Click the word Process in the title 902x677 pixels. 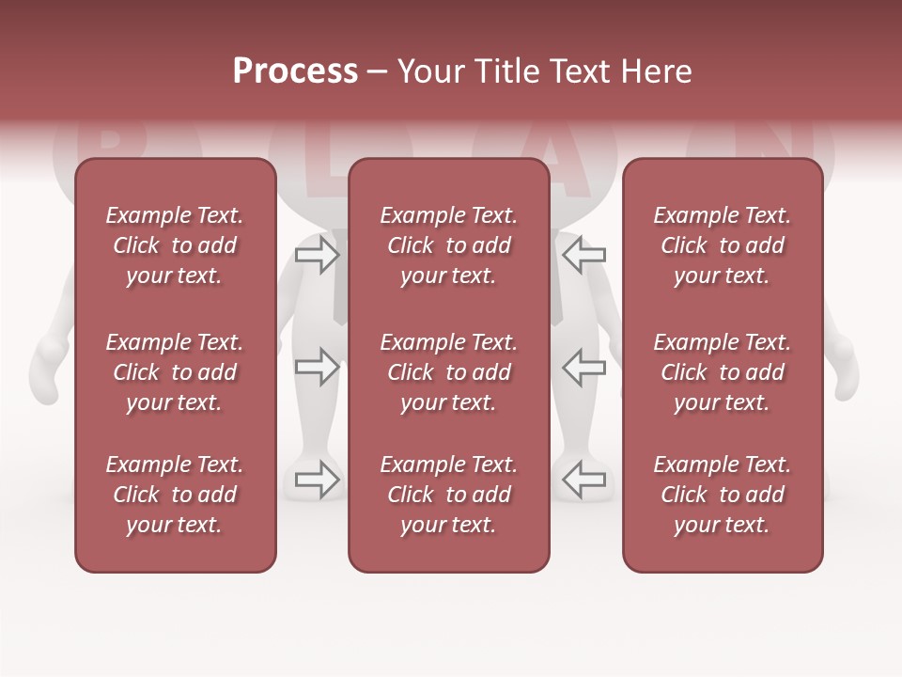click(x=295, y=71)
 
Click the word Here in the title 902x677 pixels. click(x=655, y=71)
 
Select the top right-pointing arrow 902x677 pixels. click(x=318, y=254)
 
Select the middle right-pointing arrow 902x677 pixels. click(x=318, y=367)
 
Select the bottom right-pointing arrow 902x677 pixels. click(x=318, y=480)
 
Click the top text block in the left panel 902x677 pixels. click(x=175, y=245)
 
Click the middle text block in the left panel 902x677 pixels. click(x=175, y=372)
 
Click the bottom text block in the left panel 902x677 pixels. click(x=175, y=495)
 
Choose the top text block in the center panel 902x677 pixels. click(x=448, y=245)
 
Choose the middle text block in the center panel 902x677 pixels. click(x=448, y=372)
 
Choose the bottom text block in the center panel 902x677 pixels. click(x=448, y=495)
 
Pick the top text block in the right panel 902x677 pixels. click(x=722, y=245)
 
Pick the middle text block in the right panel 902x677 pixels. click(x=722, y=372)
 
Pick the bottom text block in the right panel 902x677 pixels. click(x=722, y=495)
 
